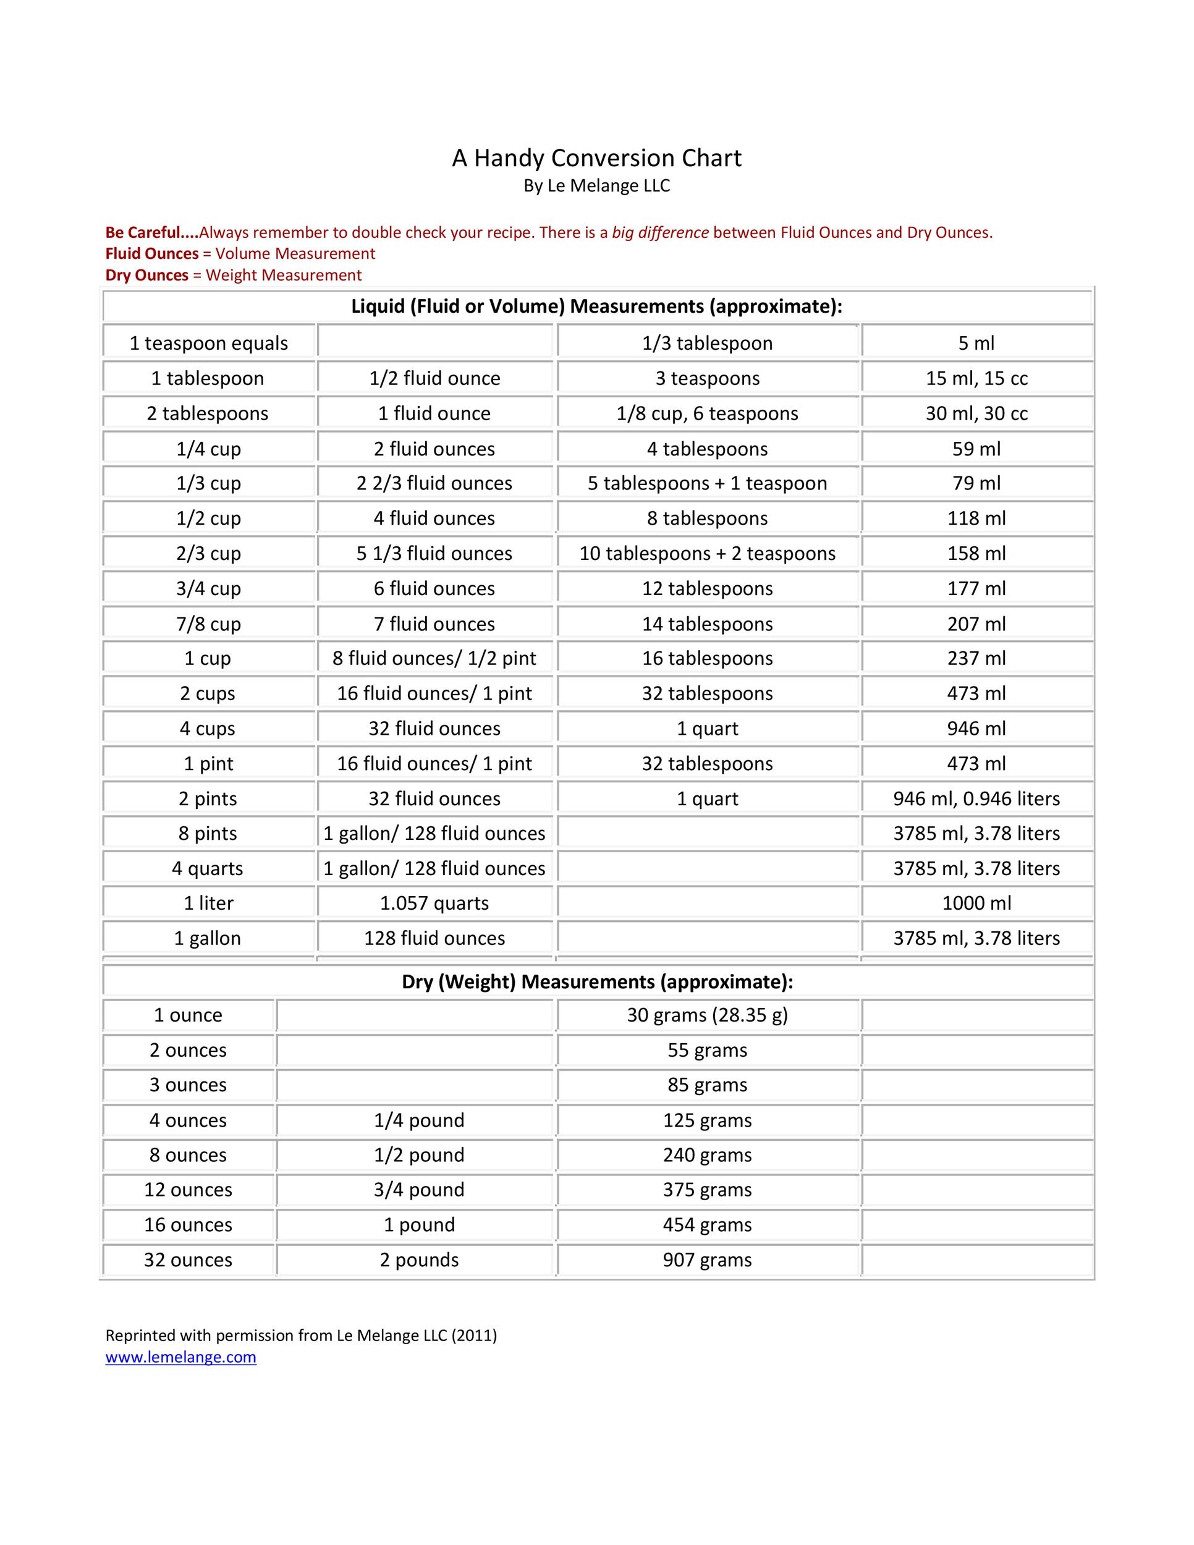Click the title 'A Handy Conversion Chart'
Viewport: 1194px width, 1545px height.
pyautogui.click(x=596, y=158)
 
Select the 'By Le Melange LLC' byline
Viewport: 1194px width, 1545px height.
pyautogui.click(x=596, y=186)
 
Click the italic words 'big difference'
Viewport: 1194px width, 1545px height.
pyautogui.click(x=660, y=233)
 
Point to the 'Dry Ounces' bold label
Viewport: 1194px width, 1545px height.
pyautogui.click(x=146, y=275)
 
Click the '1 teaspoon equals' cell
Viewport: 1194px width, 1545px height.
pyautogui.click(x=209, y=343)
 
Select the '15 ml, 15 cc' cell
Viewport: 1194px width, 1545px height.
pyautogui.click(x=976, y=378)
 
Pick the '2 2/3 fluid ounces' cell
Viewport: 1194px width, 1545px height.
pyautogui.click(x=434, y=483)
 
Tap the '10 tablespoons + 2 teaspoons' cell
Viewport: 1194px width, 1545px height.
pyautogui.click(x=708, y=553)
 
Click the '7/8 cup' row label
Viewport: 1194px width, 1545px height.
pyautogui.click(x=209, y=624)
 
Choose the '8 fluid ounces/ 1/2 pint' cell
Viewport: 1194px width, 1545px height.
pyautogui.click(x=434, y=659)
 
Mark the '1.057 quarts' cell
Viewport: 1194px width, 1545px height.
pyautogui.click(x=434, y=904)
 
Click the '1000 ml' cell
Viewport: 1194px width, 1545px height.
pyautogui.click(x=976, y=904)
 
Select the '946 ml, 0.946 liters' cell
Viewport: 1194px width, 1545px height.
pyautogui.click(x=976, y=798)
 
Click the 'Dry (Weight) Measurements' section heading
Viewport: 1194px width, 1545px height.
pyautogui.click(x=597, y=982)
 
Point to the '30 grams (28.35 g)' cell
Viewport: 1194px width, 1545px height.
pyautogui.click(x=708, y=1015)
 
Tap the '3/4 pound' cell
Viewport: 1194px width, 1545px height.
pyautogui.click(x=419, y=1190)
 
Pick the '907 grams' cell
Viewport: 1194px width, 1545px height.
pyautogui.click(x=708, y=1260)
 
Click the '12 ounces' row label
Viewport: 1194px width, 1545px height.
pyautogui.click(x=188, y=1190)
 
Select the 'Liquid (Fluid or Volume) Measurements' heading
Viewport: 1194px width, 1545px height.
pyautogui.click(x=597, y=307)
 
